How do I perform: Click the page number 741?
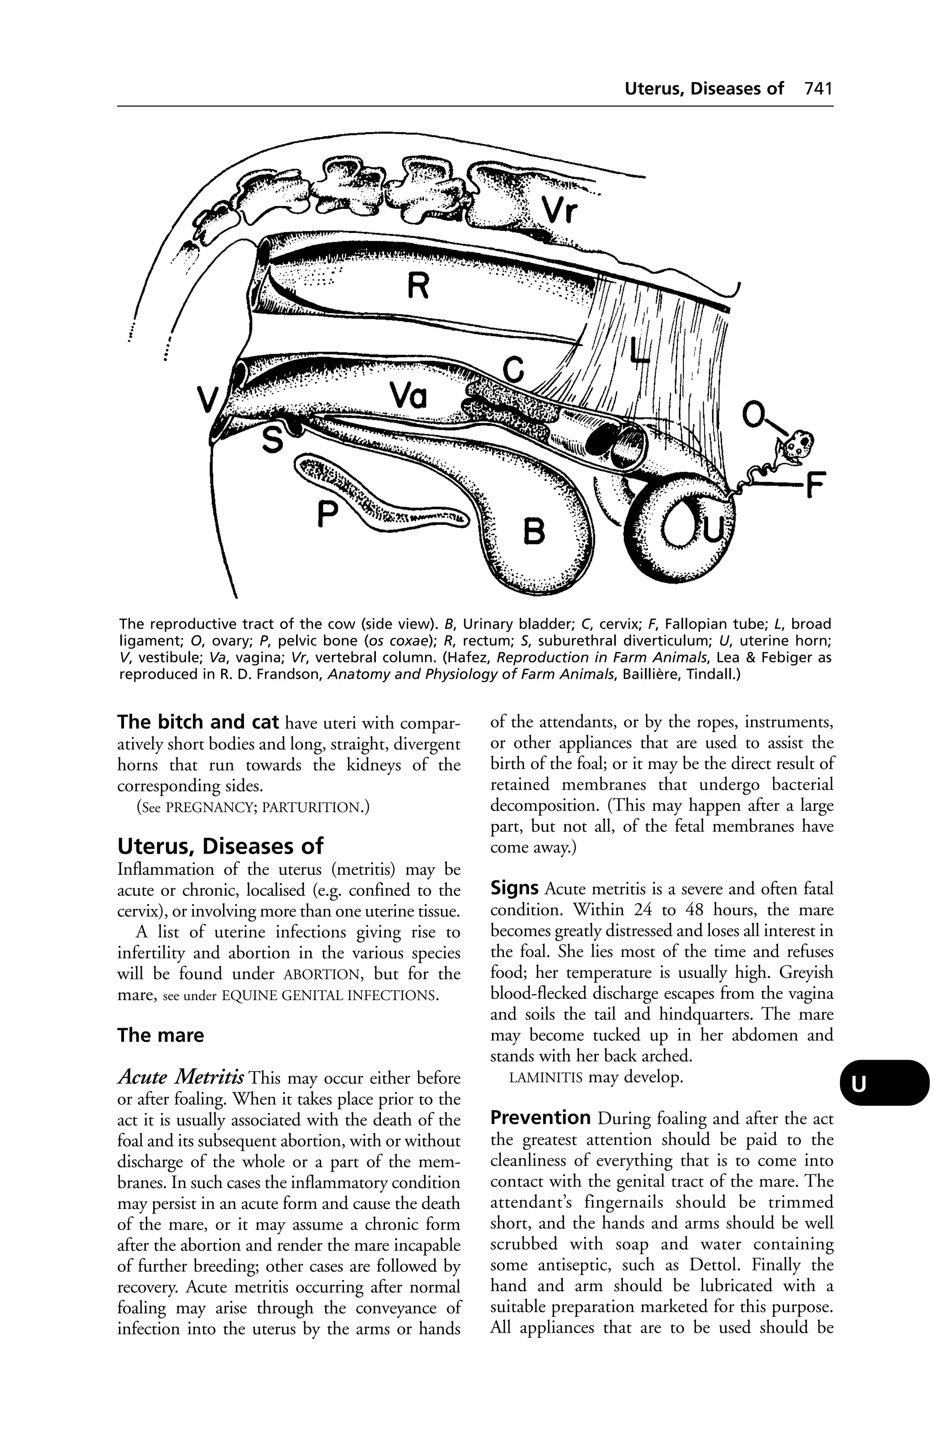818,88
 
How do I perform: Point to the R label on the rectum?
417,285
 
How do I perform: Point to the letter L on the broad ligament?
638,352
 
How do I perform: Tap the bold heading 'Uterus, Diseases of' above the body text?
220,846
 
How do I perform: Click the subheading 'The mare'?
160,1035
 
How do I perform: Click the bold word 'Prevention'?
540,1117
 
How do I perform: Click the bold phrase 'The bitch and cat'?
198,722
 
